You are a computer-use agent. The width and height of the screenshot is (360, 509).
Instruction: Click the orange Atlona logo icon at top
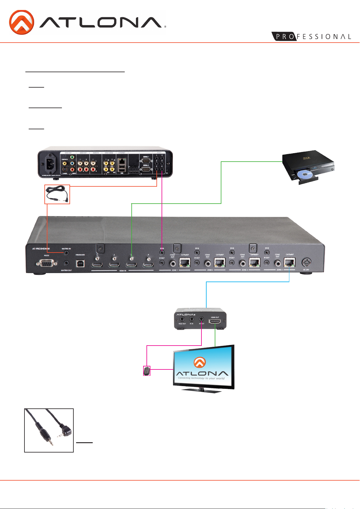(21, 22)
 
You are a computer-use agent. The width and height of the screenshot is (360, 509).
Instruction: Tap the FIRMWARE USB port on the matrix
(80, 263)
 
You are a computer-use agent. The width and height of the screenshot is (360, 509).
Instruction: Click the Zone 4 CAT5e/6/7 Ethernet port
(289, 263)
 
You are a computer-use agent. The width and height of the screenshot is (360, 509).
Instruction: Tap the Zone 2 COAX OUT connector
(207, 264)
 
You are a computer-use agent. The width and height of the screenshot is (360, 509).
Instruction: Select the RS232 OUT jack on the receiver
(182, 319)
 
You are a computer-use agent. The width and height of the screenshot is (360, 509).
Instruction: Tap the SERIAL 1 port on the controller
(146, 160)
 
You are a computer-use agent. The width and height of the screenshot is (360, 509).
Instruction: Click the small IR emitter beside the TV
(146, 371)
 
